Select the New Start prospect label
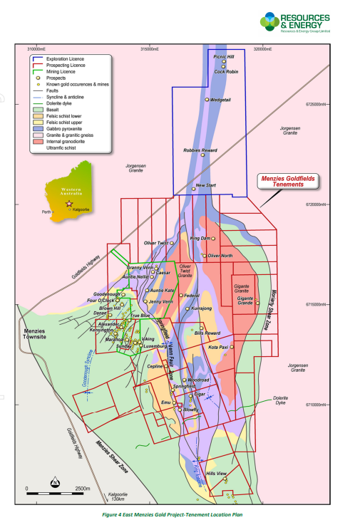coord(205,187)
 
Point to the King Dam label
coord(200,239)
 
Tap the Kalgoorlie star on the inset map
coord(68,204)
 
